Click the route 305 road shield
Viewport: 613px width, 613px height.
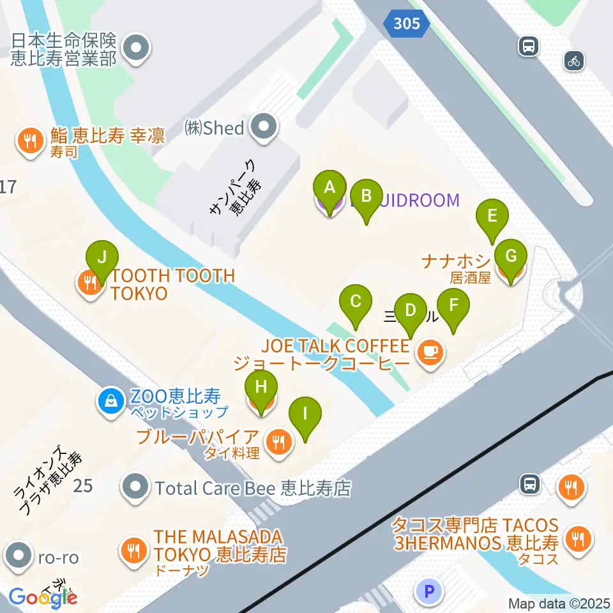coord(406,24)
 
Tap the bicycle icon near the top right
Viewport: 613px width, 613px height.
coord(574,61)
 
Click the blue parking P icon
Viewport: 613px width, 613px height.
coord(429,591)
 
